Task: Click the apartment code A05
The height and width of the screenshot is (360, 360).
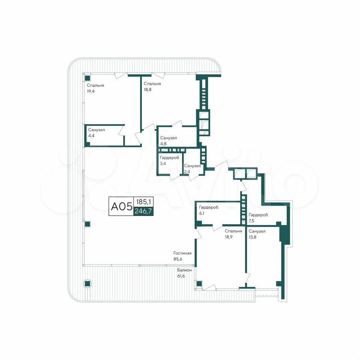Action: (121, 206)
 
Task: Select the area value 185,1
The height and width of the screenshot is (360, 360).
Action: (144, 202)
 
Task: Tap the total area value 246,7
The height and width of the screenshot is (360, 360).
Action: (143, 211)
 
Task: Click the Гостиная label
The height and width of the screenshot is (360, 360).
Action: (182, 253)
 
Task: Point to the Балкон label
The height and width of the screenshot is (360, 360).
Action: (184, 270)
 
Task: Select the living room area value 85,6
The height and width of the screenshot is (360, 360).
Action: (178, 259)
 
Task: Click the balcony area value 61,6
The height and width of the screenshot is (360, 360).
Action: (181, 276)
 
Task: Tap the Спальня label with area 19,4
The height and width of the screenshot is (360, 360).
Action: (95, 85)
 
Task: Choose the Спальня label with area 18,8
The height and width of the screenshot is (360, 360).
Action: (152, 84)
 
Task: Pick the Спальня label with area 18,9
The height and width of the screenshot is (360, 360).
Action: (233, 231)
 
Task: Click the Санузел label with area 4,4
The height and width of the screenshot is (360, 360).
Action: (96, 130)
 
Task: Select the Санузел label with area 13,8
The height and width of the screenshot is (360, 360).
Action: (257, 231)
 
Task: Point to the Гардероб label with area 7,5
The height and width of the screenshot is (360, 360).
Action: (258, 215)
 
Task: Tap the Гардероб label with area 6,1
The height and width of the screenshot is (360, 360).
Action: (209, 207)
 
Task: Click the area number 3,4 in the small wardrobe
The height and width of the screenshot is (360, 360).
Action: (163, 163)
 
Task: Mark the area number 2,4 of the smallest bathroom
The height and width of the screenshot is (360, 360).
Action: (187, 171)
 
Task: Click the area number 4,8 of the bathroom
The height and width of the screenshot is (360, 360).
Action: (163, 144)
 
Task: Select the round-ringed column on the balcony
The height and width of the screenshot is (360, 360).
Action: (87, 284)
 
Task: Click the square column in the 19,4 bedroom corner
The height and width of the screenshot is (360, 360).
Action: (87, 78)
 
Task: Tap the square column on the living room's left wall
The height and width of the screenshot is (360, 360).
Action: (87, 224)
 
